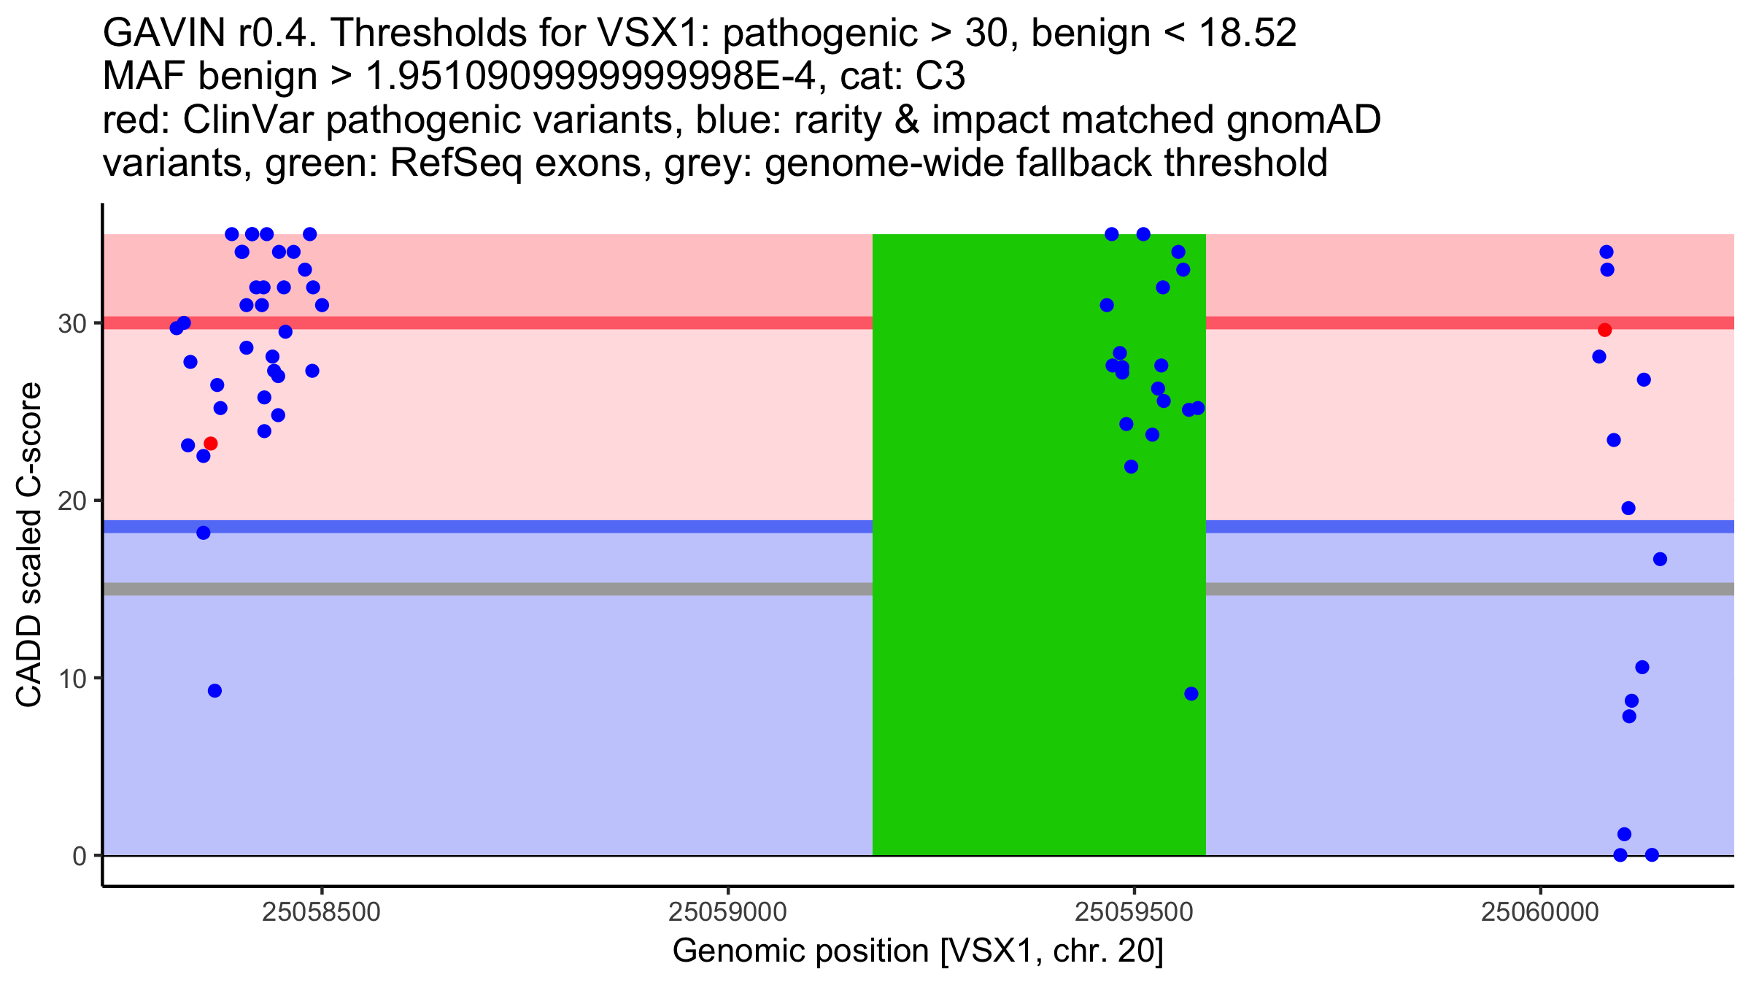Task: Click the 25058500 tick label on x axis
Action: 321,913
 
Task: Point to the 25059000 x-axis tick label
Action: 727,913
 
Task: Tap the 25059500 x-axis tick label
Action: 1134,913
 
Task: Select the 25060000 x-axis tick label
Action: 1539,913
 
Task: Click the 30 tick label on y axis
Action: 72,323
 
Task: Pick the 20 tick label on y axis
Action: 72,501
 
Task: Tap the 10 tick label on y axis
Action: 72,679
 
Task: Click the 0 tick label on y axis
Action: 80,856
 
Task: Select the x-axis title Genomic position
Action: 917,951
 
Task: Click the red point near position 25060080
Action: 1604,331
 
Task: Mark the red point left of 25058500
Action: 211,444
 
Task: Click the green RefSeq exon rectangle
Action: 1038,584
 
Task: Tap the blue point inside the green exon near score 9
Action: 1191,694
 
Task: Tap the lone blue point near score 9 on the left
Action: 214,691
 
